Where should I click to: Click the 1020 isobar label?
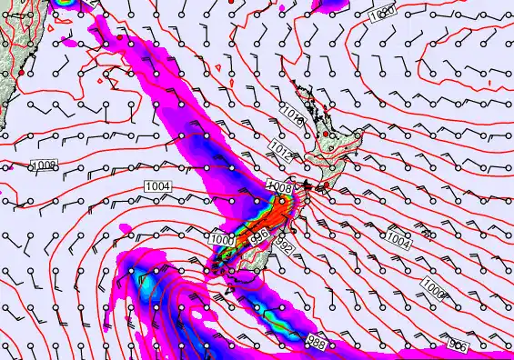pyautogui.click(x=383, y=15)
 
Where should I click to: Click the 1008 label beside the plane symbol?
pyautogui.click(x=277, y=186)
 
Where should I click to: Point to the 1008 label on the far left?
pyautogui.click(x=44, y=165)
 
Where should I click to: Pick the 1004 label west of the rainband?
pyautogui.click(x=156, y=186)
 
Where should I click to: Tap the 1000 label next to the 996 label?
pyautogui.click(x=221, y=239)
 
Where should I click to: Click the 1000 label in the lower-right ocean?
pyautogui.click(x=433, y=291)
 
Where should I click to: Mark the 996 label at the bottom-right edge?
pyautogui.click(x=460, y=345)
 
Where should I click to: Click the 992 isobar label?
pyautogui.click(x=284, y=245)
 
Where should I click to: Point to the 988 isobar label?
pyautogui.click(x=317, y=342)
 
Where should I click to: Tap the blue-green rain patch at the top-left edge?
pyautogui.click(x=66, y=4)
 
